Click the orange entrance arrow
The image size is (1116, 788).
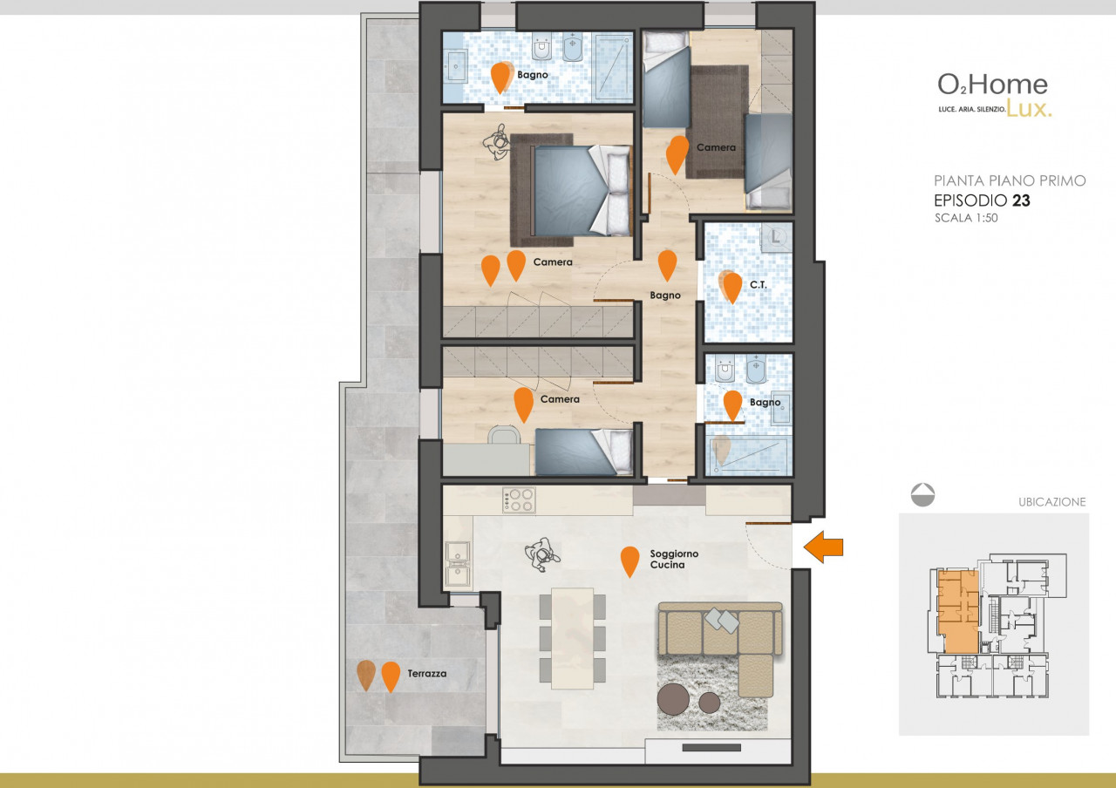823,547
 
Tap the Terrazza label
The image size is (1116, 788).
427,674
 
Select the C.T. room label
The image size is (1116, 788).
759,284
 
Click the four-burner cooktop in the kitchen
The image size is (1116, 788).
519,500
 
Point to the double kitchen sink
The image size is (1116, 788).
458,563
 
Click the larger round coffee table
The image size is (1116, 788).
673,699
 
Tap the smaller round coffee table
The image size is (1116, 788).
709,703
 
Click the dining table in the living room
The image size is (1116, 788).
573,639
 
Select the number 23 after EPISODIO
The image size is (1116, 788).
1021,200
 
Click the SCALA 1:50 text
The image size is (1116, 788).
966,218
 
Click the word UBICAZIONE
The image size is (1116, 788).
1051,502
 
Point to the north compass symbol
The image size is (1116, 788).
922,494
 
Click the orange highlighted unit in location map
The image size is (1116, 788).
958,611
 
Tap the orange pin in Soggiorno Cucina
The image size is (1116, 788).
629,561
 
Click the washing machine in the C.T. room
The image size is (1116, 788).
776,238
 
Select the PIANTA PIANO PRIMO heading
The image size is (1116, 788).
1010,180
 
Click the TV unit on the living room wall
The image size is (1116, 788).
711,748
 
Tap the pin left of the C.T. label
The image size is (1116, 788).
732,288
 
